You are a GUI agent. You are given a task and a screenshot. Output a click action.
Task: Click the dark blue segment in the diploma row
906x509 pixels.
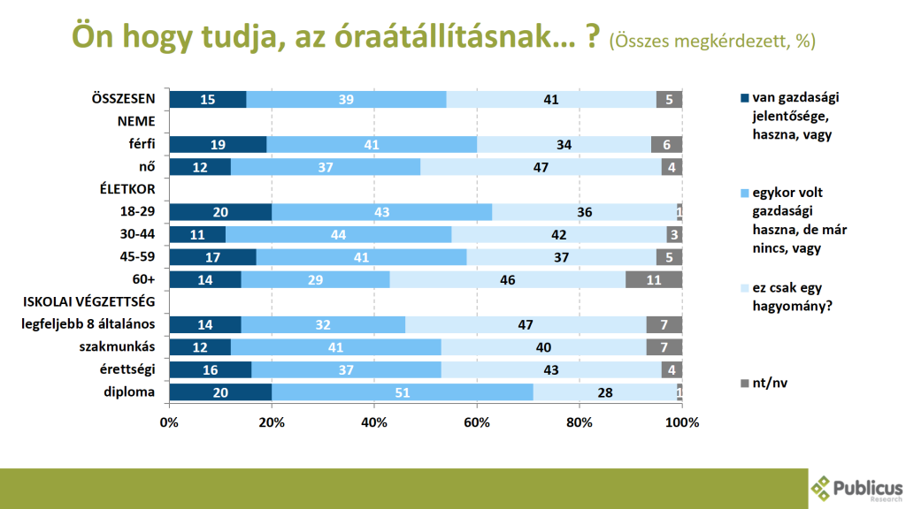pos(220,391)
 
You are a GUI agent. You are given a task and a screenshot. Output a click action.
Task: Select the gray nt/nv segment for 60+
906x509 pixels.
pos(654,279)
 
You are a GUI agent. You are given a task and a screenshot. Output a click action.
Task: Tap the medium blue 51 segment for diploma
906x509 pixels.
pos(403,391)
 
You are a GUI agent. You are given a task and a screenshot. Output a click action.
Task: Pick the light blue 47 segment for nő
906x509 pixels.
pos(541,166)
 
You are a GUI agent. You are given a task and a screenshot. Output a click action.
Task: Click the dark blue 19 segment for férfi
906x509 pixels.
pos(218,144)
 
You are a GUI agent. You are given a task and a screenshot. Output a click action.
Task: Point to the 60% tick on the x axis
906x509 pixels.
pos(477,422)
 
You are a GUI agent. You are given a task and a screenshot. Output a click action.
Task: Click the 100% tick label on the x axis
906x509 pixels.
pos(681,422)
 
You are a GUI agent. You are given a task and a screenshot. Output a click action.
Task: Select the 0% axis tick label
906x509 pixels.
pos(169,422)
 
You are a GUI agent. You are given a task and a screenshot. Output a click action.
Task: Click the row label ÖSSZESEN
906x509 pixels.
pos(124,99)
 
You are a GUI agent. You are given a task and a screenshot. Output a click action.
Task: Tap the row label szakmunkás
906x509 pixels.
pos(124,346)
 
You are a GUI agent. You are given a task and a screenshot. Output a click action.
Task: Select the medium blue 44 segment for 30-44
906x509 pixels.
pos(338,234)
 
